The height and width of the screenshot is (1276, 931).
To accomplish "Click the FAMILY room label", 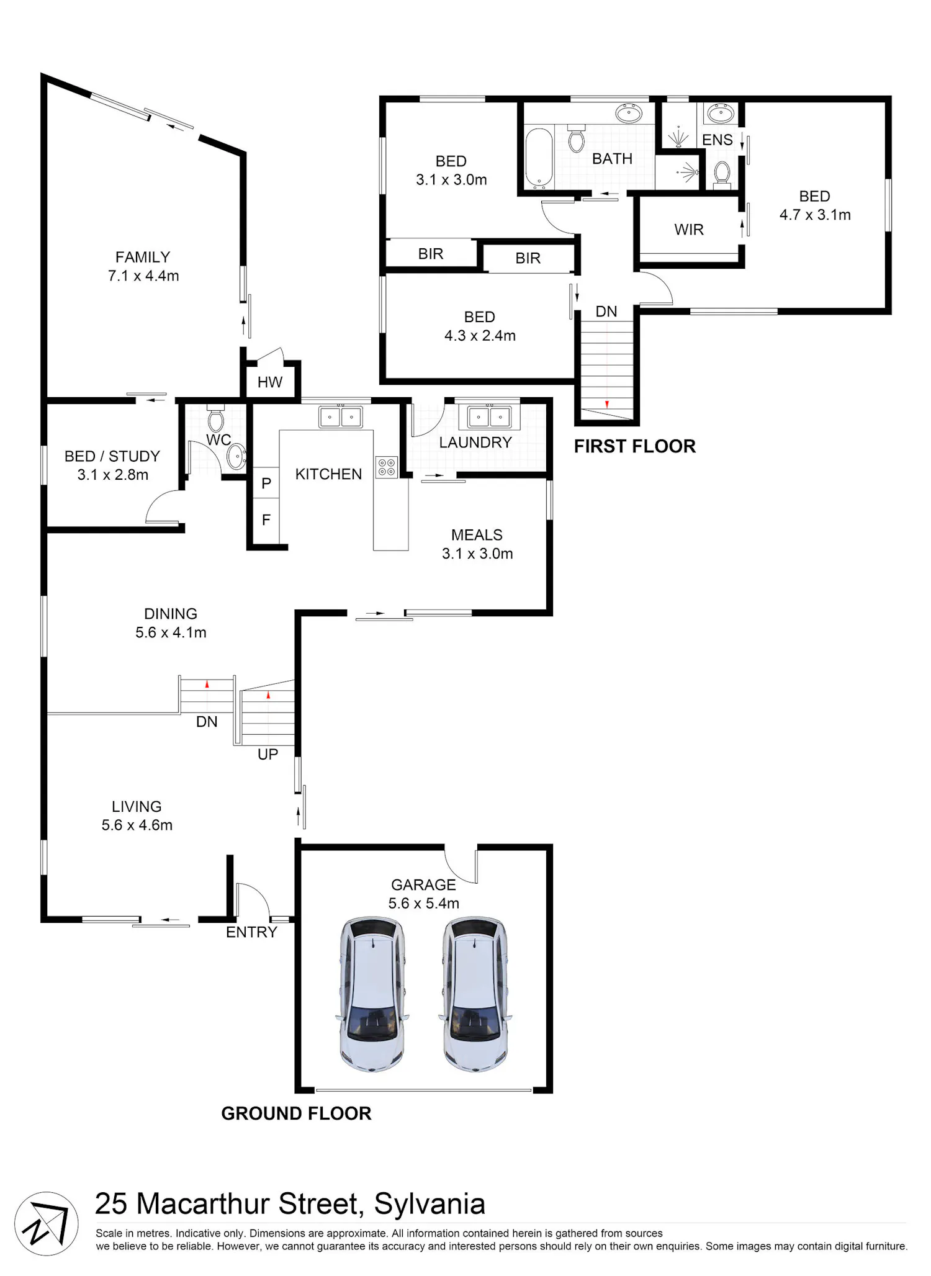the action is [x=143, y=257].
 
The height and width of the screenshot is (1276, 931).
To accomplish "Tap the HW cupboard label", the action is [x=270, y=382].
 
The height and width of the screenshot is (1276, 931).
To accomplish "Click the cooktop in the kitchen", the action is [x=387, y=467].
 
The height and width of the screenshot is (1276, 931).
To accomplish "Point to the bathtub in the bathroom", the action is [x=539, y=158].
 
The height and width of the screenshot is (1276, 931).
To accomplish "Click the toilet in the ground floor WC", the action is [x=215, y=418].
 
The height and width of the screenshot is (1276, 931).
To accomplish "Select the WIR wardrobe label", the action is [x=689, y=230].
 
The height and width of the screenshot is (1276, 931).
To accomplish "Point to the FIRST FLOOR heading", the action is [x=635, y=446].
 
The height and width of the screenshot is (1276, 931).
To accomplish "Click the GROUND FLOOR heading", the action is [x=297, y=1113].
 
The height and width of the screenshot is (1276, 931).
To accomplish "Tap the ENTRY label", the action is [x=251, y=932].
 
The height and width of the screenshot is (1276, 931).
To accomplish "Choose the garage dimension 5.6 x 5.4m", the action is [x=424, y=904].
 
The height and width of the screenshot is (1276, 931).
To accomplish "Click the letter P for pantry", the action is [x=266, y=483].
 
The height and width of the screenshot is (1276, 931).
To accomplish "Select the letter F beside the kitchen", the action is [x=266, y=519].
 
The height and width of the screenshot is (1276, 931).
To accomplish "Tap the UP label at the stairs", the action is [x=268, y=754].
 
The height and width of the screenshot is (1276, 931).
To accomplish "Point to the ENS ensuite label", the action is [x=717, y=140].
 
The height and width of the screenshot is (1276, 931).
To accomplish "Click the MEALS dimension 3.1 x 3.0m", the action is [x=477, y=554].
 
